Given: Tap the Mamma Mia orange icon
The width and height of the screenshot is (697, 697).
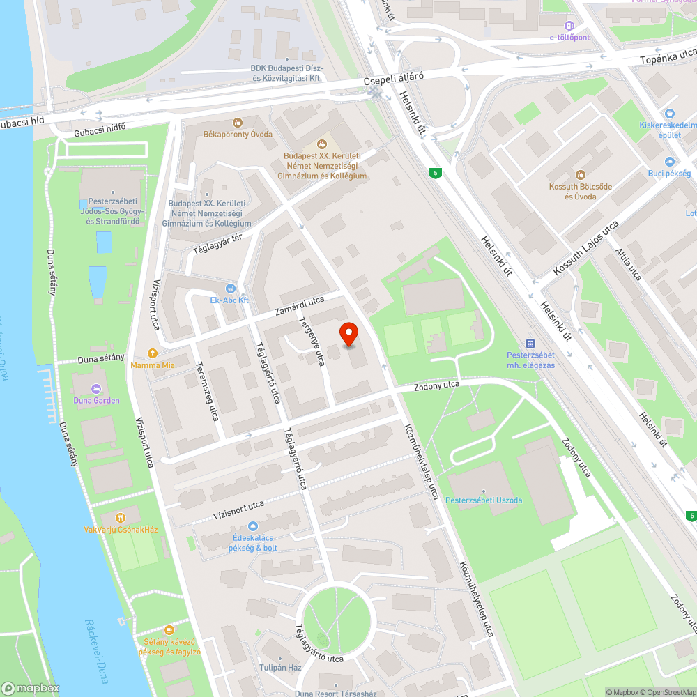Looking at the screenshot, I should coord(153,353).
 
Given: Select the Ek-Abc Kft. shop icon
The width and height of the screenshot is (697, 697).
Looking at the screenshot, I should coord(231,289).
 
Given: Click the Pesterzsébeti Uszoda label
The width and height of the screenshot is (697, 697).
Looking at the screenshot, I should coord(484,500).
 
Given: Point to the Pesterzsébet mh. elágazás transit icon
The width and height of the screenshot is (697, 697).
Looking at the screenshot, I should coord(531,343).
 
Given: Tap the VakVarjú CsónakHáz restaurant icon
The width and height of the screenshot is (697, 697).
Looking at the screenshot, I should coord(121,518).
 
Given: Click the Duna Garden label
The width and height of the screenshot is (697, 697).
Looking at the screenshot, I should coord(96,400).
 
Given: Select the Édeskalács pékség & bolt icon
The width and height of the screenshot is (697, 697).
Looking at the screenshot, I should coord(252,526).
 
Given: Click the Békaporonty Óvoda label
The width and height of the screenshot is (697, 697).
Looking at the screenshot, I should coord(238,134).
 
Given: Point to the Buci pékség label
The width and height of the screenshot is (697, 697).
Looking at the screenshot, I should coord(669,173).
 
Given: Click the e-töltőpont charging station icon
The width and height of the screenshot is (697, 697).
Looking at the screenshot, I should coord(569,24).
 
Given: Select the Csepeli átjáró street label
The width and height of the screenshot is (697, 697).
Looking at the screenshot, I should coord(394,81).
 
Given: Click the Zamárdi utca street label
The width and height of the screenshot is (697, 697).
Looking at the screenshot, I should coord(298,305).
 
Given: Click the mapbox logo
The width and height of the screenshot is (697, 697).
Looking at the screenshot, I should coord(31,687).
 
